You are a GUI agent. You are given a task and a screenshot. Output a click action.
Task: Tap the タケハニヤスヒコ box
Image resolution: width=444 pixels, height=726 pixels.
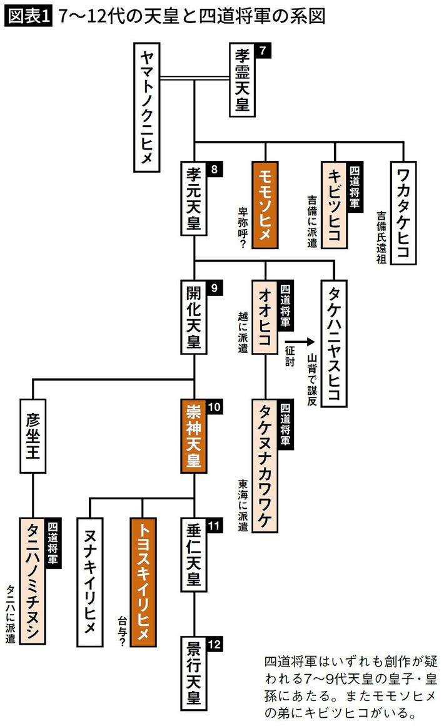(x=334, y=344)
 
